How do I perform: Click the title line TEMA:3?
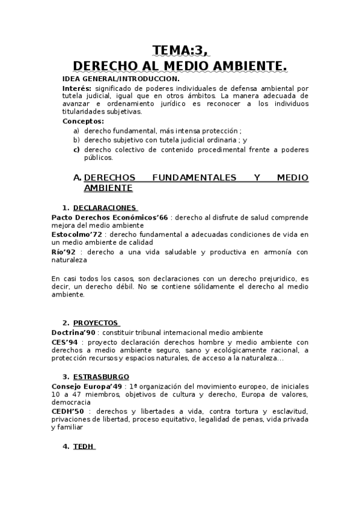click(x=180, y=50)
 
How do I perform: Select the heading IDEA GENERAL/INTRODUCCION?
click(x=121, y=79)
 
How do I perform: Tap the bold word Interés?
click(x=77, y=88)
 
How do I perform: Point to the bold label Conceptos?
click(x=83, y=121)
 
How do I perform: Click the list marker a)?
click(x=76, y=131)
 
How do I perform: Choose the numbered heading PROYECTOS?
click(x=96, y=323)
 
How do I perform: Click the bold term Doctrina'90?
click(x=75, y=332)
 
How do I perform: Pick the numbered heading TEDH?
click(x=83, y=447)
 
